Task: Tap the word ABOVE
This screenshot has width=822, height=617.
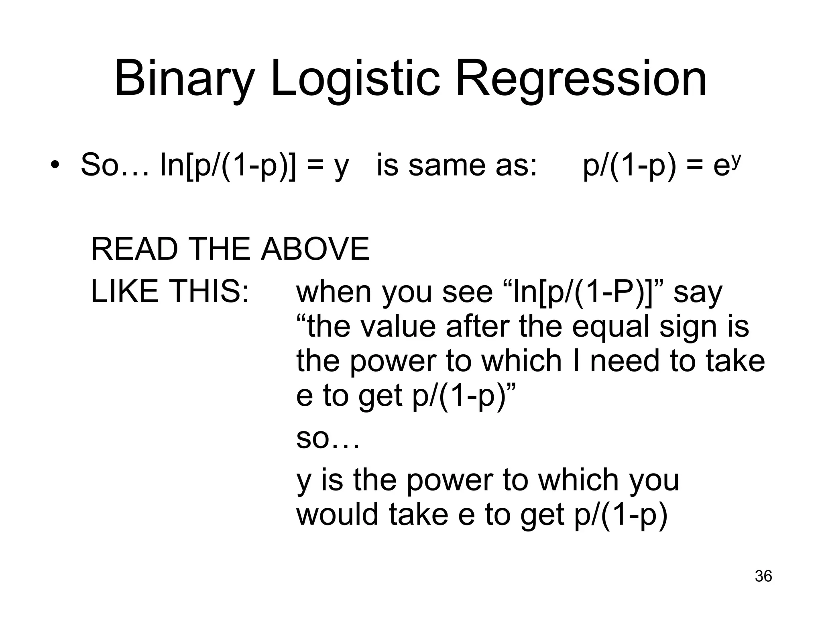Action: point(315,249)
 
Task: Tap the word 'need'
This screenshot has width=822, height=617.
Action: point(626,361)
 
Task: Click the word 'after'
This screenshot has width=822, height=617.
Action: point(478,326)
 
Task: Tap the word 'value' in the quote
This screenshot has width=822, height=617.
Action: point(397,326)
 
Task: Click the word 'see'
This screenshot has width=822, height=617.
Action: point(467,292)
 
